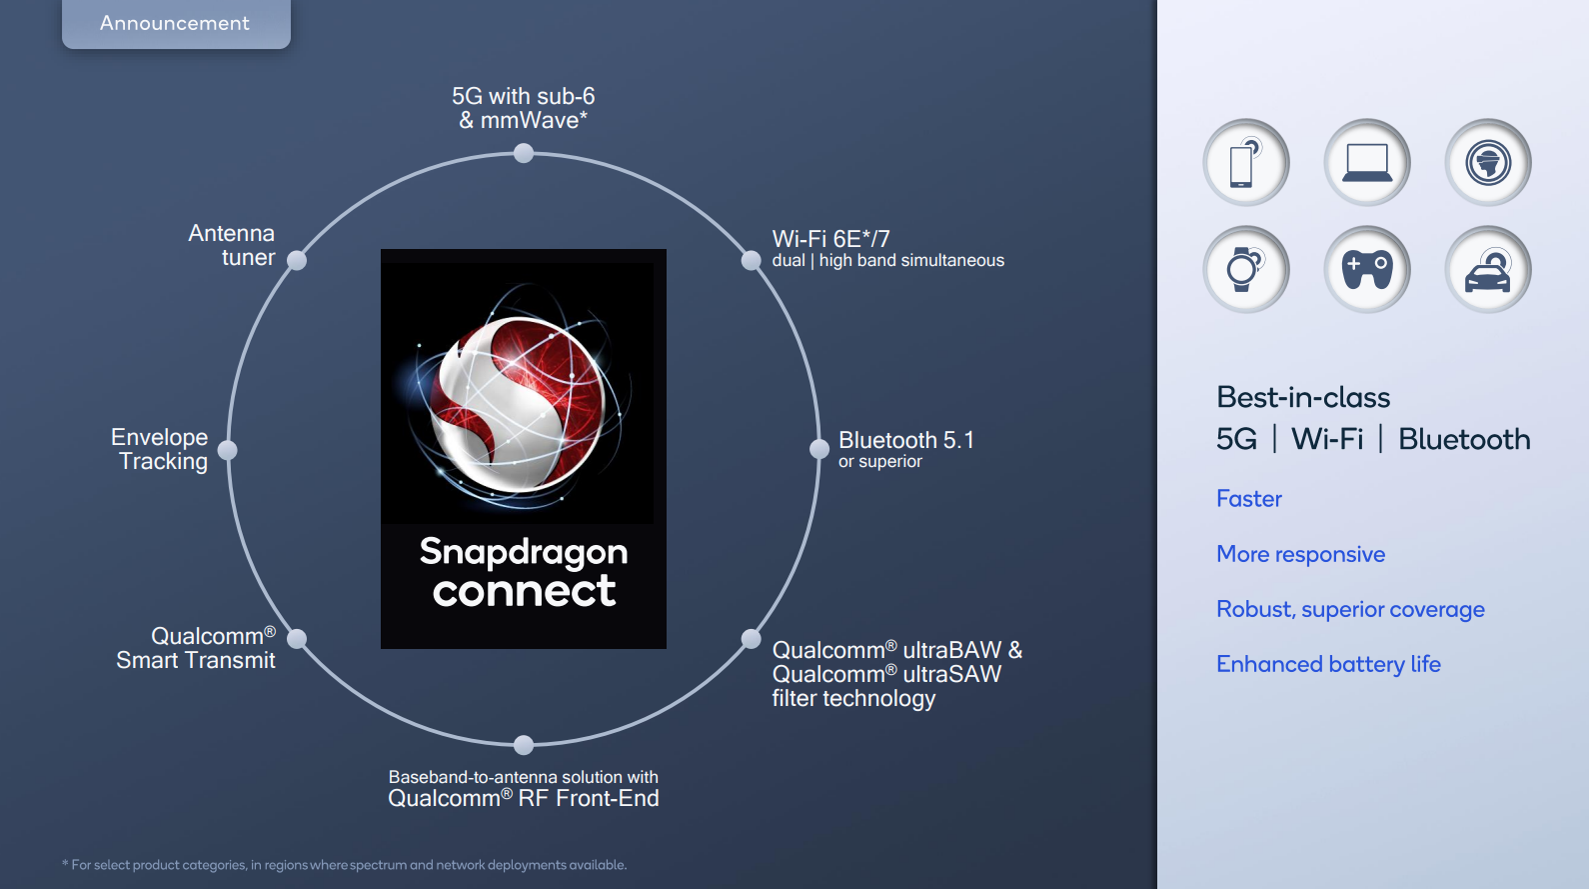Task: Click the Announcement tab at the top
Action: click(x=176, y=23)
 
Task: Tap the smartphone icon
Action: click(x=1245, y=163)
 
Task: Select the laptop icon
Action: click(x=1367, y=163)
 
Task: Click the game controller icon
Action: click(x=1367, y=269)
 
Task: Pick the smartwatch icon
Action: click(x=1245, y=269)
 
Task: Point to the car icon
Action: click(x=1487, y=269)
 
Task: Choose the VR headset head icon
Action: click(x=1487, y=163)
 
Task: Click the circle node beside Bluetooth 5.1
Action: click(x=819, y=449)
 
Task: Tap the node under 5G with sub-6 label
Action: click(x=524, y=153)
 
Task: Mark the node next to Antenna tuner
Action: click(x=297, y=261)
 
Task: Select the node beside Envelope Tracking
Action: click(x=227, y=449)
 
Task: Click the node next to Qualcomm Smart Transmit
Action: click(x=297, y=638)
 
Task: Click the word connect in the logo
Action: click(x=525, y=591)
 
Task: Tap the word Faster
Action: click(x=1249, y=498)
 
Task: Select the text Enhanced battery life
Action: click(x=1328, y=664)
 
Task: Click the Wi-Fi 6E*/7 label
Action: click(x=830, y=239)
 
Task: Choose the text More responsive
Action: click(x=1301, y=554)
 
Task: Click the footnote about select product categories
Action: click(x=345, y=865)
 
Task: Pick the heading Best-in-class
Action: click(x=1303, y=397)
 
